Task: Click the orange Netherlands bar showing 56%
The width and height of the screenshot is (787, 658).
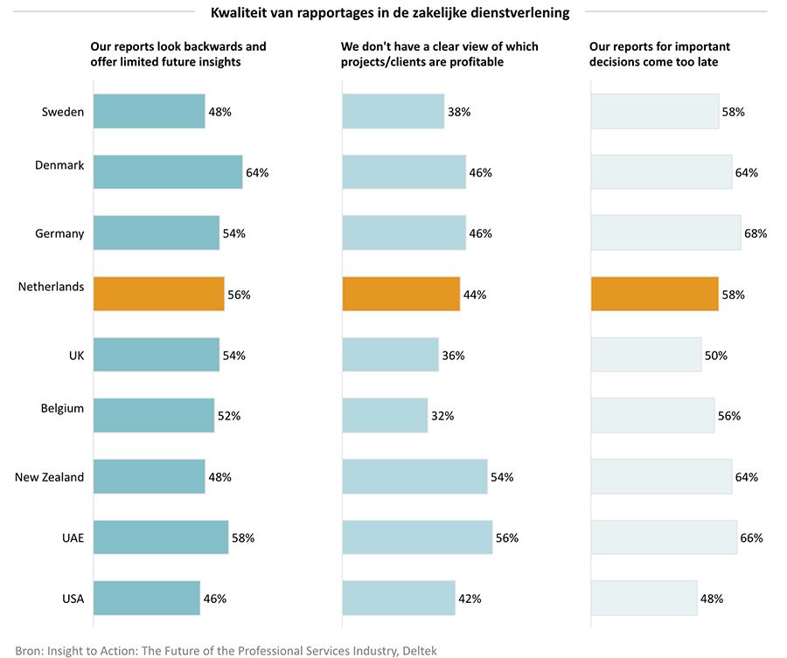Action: pyautogui.click(x=158, y=294)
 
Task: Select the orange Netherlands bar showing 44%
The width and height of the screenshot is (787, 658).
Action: pyautogui.click(x=400, y=294)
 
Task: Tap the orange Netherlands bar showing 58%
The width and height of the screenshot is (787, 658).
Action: pyautogui.click(x=654, y=294)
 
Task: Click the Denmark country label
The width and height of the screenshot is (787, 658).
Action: pyautogui.click(x=59, y=165)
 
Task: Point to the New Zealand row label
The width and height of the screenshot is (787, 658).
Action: pyautogui.click(x=50, y=477)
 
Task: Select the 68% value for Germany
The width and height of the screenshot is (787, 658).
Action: pyautogui.click(x=756, y=233)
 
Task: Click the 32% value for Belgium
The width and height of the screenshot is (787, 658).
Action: pyautogui.click(x=442, y=416)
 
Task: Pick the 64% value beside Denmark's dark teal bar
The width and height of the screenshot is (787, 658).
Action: pyautogui.click(x=257, y=173)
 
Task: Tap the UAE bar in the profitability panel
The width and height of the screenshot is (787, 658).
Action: pyautogui.click(x=417, y=537)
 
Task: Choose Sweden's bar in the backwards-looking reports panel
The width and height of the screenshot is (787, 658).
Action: pyautogui.click(x=149, y=112)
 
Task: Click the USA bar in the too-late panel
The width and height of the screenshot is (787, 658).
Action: pyautogui.click(x=644, y=599)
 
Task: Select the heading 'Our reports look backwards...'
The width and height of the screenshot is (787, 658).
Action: pyautogui.click(x=178, y=54)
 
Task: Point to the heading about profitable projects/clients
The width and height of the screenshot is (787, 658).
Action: pyautogui.click(x=440, y=54)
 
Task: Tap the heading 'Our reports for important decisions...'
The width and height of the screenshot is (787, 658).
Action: pyautogui.click(x=659, y=54)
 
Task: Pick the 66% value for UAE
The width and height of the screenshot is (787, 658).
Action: pyautogui.click(x=751, y=538)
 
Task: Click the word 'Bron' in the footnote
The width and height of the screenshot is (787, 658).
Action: pyautogui.click(x=28, y=650)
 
